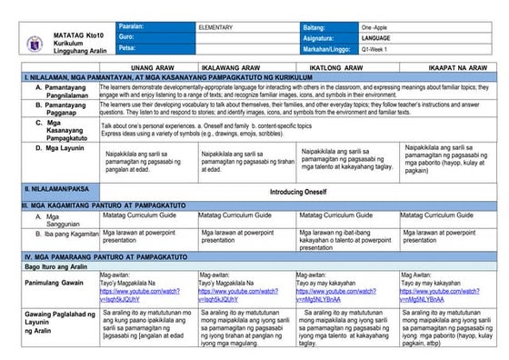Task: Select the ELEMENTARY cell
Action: (218, 27)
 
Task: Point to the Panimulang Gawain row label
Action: (60, 285)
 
